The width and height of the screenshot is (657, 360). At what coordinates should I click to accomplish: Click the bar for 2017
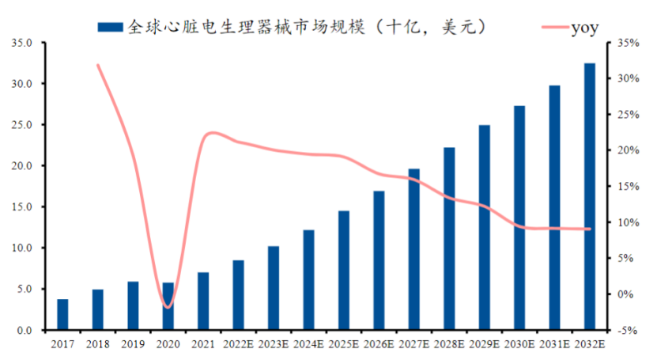pyautogui.click(x=62, y=314)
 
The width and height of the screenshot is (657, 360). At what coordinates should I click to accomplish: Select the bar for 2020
pyautogui.click(x=168, y=306)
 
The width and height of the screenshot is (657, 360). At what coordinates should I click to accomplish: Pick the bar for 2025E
pyautogui.click(x=343, y=270)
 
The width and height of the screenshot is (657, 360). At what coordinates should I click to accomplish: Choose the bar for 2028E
pyautogui.click(x=449, y=238)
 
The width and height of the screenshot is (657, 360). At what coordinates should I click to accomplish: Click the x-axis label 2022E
pyautogui.click(x=238, y=343)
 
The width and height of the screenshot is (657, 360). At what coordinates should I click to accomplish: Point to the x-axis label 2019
pyautogui.click(x=133, y=343)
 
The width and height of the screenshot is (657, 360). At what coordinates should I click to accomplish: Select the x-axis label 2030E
pyautogui.click(x=519, y=343)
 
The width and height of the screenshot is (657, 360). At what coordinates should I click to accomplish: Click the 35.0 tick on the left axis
pyautogui.click(x=22, y=43)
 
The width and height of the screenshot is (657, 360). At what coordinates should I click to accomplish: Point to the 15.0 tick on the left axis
pyautogui.click(x=22, y=207)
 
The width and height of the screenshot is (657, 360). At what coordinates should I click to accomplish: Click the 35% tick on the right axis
pyautogui.click(x=628, y=43)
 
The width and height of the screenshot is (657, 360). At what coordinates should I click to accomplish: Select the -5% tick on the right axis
pyautogui.click(x=628, y=330)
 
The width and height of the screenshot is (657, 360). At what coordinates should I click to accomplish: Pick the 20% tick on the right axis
pyautogui.click(x=628, y=150)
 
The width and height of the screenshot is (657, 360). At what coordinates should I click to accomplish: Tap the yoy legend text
pyautogui.click(x=584, y=28)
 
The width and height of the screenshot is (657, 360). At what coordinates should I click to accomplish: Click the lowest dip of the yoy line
pyautogui.click(x=167, y=307)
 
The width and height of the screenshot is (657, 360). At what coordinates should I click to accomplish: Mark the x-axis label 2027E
pyautogui.click(x=413, y=343)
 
